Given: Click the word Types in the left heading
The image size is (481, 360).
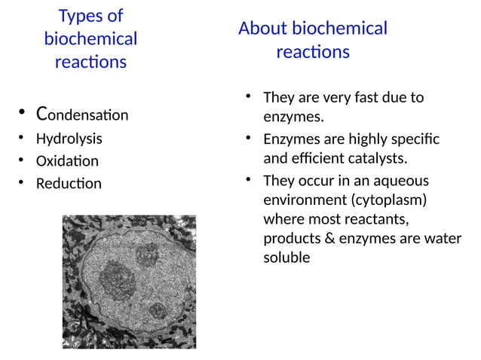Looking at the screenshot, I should click(79, 16).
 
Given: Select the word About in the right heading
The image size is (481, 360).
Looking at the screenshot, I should click(262, 29).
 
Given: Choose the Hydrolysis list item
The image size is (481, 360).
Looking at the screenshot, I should click(69, 139).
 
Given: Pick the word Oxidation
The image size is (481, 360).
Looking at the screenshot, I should click(67, 161).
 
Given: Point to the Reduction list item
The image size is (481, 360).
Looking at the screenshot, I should click(69, 183).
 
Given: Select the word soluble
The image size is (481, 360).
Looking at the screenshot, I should click(286, 258).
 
